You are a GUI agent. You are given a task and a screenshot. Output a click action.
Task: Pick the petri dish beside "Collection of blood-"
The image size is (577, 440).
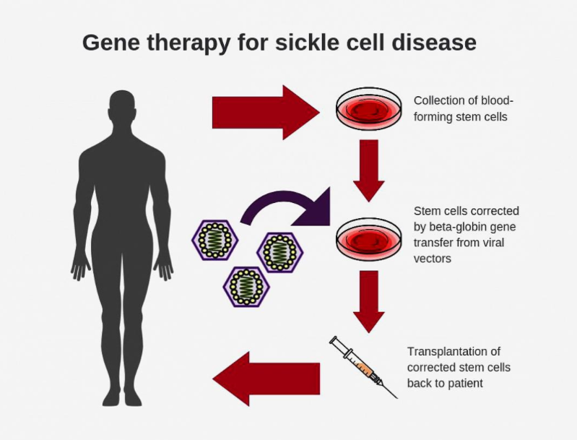(x=369, y=110)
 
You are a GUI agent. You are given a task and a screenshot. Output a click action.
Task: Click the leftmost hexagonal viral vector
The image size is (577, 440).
(x=215, y=240)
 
